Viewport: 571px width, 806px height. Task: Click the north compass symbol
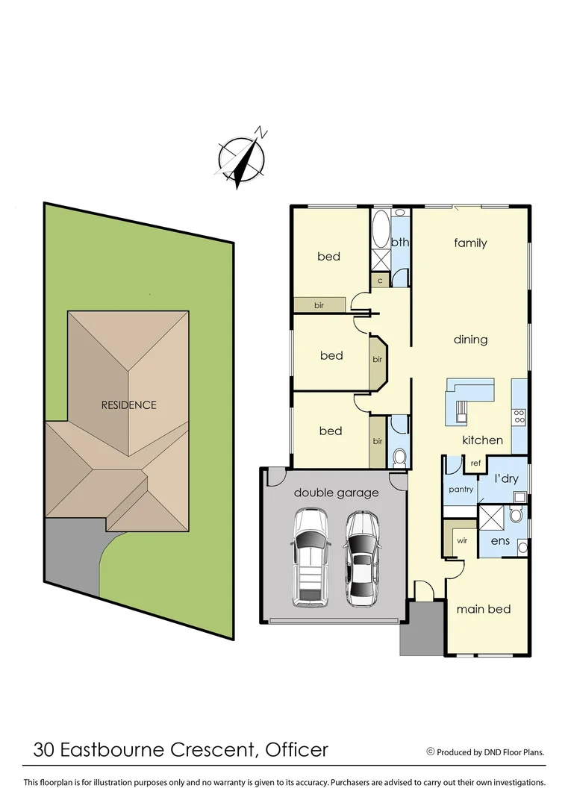243,159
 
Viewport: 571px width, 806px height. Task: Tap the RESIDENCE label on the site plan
129,405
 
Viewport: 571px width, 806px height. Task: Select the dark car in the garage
362,556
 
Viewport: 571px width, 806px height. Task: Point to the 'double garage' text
336,493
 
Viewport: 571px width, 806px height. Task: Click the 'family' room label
470,243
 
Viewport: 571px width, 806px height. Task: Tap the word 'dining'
470,340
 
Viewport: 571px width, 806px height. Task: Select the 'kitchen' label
482,440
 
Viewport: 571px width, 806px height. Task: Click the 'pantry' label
461,490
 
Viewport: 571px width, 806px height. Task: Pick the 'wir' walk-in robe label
462,540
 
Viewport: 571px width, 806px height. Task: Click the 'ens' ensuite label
500,540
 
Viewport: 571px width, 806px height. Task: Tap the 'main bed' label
484,609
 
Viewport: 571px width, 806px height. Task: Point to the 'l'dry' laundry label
505,478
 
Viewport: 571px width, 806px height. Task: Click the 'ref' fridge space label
475,463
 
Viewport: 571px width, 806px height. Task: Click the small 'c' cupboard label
380,281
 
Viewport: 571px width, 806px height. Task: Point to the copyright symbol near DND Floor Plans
430,752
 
